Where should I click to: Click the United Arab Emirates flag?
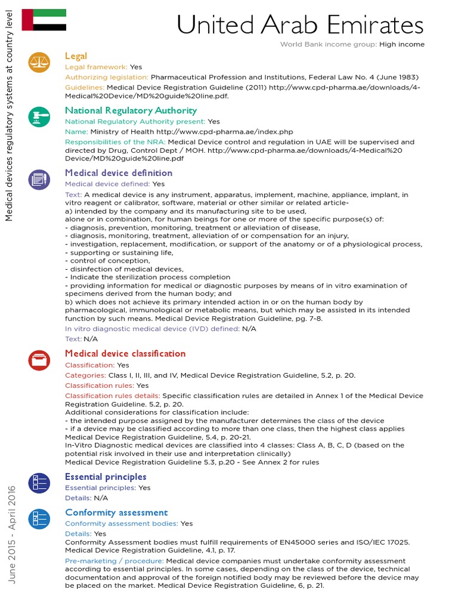(x=44, y=20)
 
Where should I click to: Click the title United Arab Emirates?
(x=301, y=25)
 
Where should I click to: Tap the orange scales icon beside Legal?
(x=39, y=62)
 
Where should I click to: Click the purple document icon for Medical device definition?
(x=39, y=178)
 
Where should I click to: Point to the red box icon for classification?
(x=39, y=359)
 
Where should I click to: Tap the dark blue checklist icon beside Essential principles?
(x=39, y=482)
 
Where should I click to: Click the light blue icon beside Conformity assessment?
(x=39, y=518)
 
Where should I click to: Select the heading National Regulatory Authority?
(x=131, y=110)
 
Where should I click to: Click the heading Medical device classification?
(x=125, y=353)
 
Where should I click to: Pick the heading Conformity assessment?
(x=116, y=513)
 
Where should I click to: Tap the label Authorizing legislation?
(x=107, y=77)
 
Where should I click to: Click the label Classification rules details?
(x=112, y=396)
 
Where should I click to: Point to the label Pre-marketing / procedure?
(x=114, y=561)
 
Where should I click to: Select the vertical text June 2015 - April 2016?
(x=13, y=534)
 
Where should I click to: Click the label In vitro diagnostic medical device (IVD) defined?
(x=152, y=329)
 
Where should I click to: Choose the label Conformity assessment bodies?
(x=121, y=523)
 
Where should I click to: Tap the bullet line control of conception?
(x=107, y=261)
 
